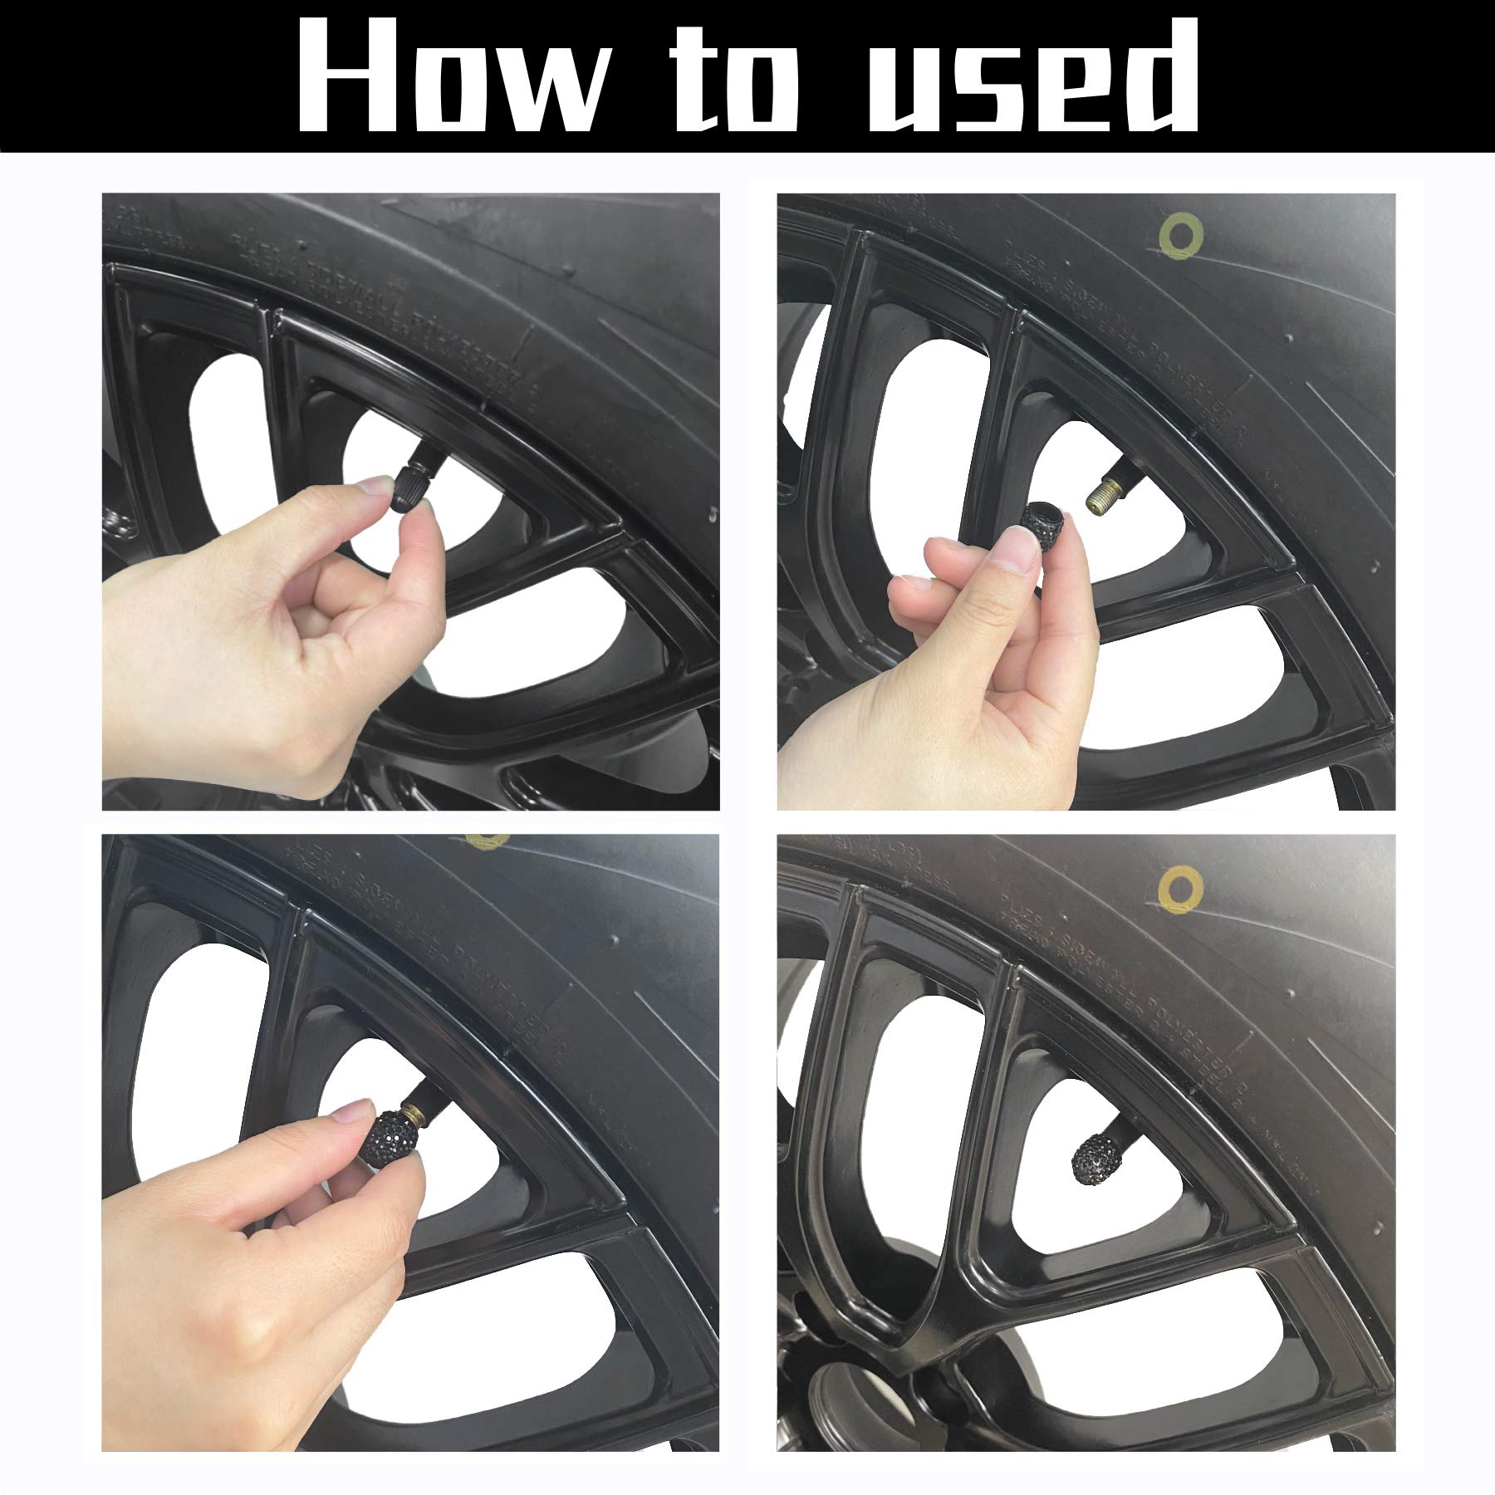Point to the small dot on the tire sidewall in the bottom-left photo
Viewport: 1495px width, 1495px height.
[612, 938]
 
